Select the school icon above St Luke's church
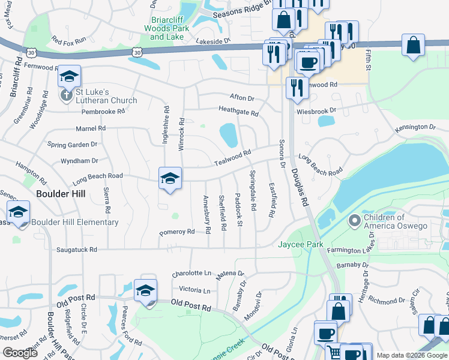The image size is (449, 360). pyautogui.click(x=70, y=76)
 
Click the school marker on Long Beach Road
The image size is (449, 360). pyautogui.click(x=170, y=178)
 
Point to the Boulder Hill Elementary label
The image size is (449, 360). pyautogui.click(x=74, y=223)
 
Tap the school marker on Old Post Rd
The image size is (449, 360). pyautogui.click(x=145, y=290)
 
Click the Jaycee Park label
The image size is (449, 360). pyautogui.click(x=300, y=244)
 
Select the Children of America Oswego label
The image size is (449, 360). pyautogui.click(x=393, y=221)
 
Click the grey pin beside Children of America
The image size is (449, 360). pyautogui.click(x=354, y=221)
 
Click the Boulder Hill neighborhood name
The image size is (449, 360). pyautogui.click(x=61, y=194)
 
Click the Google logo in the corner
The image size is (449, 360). pyautogui.click(x=20, y=353)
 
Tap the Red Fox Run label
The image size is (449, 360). pyautogui.click(x=69, y=40)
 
